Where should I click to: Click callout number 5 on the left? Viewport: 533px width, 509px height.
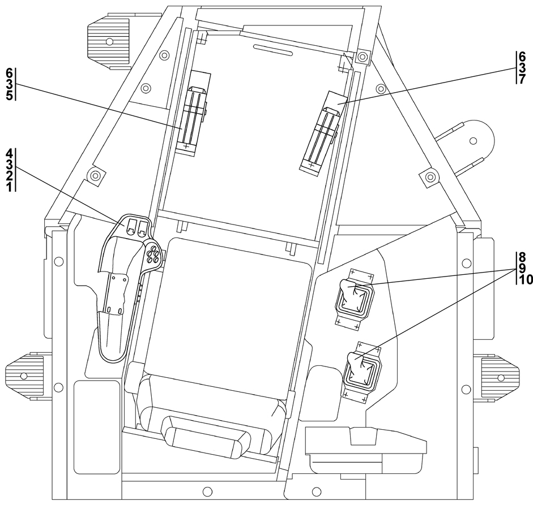[x=9, y=94]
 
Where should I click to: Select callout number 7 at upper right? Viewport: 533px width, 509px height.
[x=522, y=78]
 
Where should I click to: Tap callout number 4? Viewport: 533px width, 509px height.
[x=9, y=153]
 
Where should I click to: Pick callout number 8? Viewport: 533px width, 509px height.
[x=522, y=256]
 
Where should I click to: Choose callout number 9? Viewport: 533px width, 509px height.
[x=522, y=268]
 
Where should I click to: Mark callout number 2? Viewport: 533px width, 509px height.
[x=9, y=176]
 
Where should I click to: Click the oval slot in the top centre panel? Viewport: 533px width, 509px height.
[x=272, y=50]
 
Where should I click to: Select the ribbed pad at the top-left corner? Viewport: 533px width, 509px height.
[x=108, y=40]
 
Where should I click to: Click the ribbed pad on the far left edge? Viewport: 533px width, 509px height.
[x=24, y=374]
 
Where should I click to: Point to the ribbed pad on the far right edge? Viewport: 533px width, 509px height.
[x=500, y=376]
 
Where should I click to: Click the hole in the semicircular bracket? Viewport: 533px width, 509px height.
[x=474, y=141]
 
